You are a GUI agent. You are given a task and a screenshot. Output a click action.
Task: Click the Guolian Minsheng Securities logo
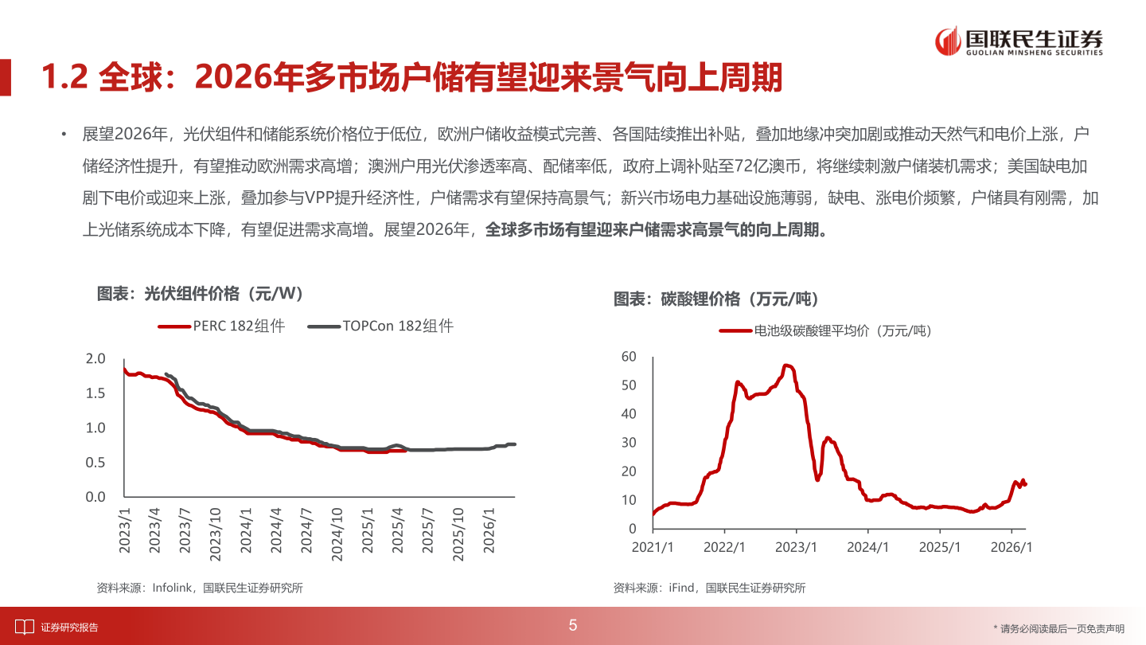pos(1019,41)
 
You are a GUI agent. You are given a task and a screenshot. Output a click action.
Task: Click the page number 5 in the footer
pos(573,626)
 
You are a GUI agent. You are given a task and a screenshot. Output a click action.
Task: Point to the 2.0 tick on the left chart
pos(95,359)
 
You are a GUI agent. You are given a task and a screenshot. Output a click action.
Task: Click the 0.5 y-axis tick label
pos(95,463)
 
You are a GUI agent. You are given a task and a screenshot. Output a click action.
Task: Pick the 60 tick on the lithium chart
pos(629,356)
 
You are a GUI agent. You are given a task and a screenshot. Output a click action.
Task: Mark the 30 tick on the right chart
pos(629,443)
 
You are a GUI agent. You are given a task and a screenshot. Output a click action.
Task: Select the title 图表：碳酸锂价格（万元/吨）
pos(716,299)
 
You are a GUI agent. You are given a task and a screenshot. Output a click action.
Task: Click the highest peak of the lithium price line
pos(786,365)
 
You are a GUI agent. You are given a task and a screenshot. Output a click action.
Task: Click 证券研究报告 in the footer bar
pos(70,627)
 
